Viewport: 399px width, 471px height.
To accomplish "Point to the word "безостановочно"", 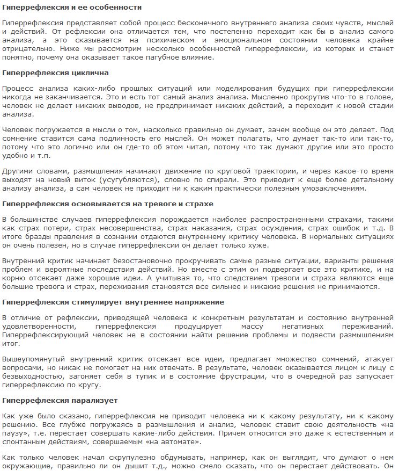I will coord(123,262).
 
